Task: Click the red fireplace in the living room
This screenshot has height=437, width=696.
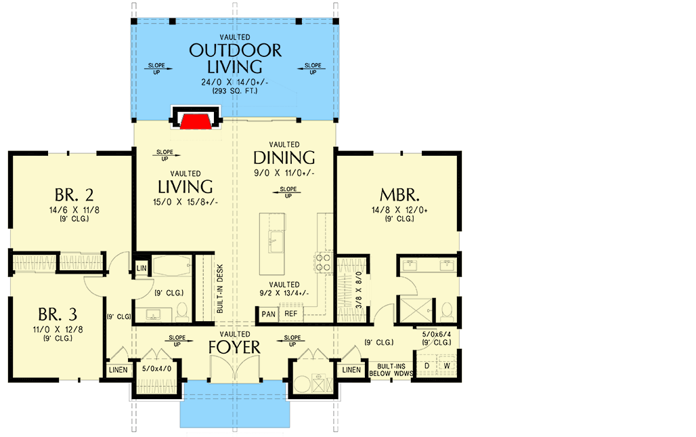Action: click(196, 121)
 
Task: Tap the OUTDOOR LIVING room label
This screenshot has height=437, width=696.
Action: click(235, 58)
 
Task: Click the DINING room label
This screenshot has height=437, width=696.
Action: click(284, 157)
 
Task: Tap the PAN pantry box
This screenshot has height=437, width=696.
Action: click(267, 314)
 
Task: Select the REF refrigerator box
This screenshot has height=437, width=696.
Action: click(290, 314)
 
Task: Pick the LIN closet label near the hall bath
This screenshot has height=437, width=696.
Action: click(142, 268)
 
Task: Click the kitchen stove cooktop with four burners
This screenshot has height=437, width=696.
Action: click(322, 262)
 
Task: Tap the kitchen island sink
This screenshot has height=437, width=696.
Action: click(276, 238)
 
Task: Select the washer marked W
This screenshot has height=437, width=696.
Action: click(447, 367)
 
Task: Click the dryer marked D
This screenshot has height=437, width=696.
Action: click(427, 367)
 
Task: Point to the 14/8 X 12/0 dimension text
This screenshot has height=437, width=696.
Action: click(398, 210)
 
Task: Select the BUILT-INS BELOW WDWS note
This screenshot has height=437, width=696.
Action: click(391, 370)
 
